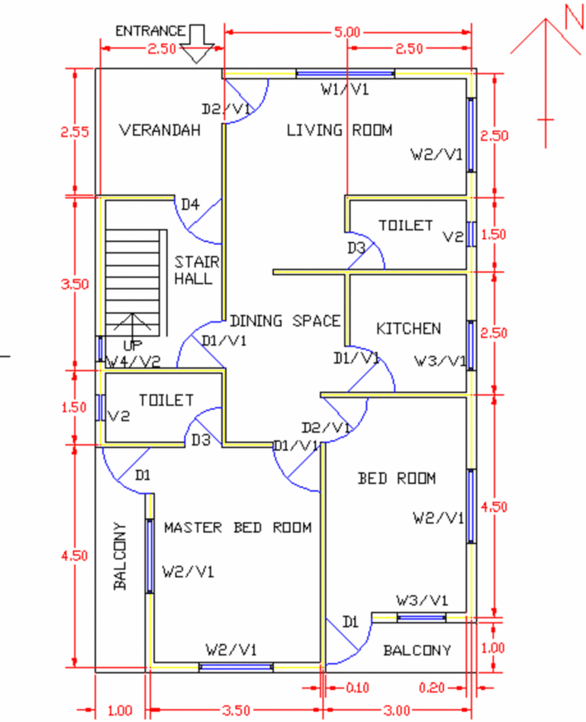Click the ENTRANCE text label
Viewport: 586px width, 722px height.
(150, 31)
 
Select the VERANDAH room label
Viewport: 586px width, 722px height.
(160, 131)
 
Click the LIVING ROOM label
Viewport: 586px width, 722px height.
(339, 131)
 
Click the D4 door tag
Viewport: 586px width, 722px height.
(189, 204)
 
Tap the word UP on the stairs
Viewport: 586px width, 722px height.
(133, 345)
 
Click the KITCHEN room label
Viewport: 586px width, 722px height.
(408, 329)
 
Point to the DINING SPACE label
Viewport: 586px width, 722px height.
(285, 321)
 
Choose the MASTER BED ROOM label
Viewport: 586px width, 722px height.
(238, 527)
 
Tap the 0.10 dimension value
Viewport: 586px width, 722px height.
(357, 688)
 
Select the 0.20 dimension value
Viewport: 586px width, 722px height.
(431, 688)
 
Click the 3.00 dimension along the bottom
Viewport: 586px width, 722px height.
(397, 711)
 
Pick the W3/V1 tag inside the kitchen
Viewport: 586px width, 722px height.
(439, 361)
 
